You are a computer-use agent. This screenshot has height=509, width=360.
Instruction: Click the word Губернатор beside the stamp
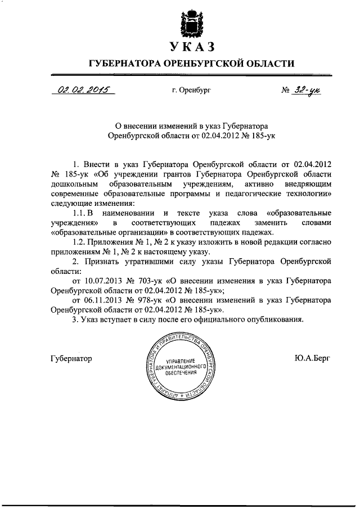click(71, 358)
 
